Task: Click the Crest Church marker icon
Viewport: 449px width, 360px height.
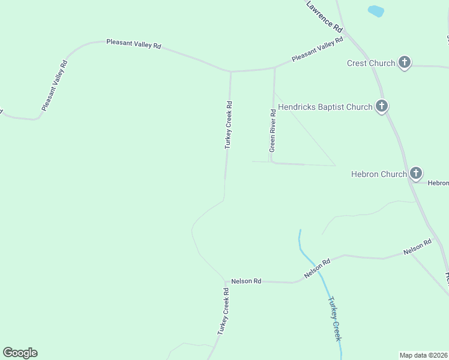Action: tap(405, 62)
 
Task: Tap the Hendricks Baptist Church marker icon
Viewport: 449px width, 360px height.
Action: tap(381, 106)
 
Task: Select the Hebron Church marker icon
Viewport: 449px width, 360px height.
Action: tap(416, 173)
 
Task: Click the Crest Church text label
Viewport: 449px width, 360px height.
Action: tap(371, 63)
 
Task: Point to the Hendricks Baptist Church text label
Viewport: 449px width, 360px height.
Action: tap(325, 107)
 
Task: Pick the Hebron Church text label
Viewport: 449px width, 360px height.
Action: tap(379, 174)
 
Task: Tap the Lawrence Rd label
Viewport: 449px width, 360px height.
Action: tap(324, 16)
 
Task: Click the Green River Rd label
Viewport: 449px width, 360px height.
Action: tap(273, 130)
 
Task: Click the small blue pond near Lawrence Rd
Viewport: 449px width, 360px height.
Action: tap(376, 11)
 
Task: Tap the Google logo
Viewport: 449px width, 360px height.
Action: tap(20, 353)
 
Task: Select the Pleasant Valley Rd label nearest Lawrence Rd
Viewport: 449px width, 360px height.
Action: tap(318, 49)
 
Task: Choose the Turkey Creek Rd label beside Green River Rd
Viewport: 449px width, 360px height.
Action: tap(229, 125)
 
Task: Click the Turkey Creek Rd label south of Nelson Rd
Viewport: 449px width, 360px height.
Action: tap(223, 311)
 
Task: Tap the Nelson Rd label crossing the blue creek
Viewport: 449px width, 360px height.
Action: tap(318, 268)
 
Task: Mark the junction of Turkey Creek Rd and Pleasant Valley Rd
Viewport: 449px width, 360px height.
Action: tap(231, 71)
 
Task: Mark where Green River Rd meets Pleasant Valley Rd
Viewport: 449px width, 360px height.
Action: tap(274, 68)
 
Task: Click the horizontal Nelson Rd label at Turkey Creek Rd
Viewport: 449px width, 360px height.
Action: tap(246, 281)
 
